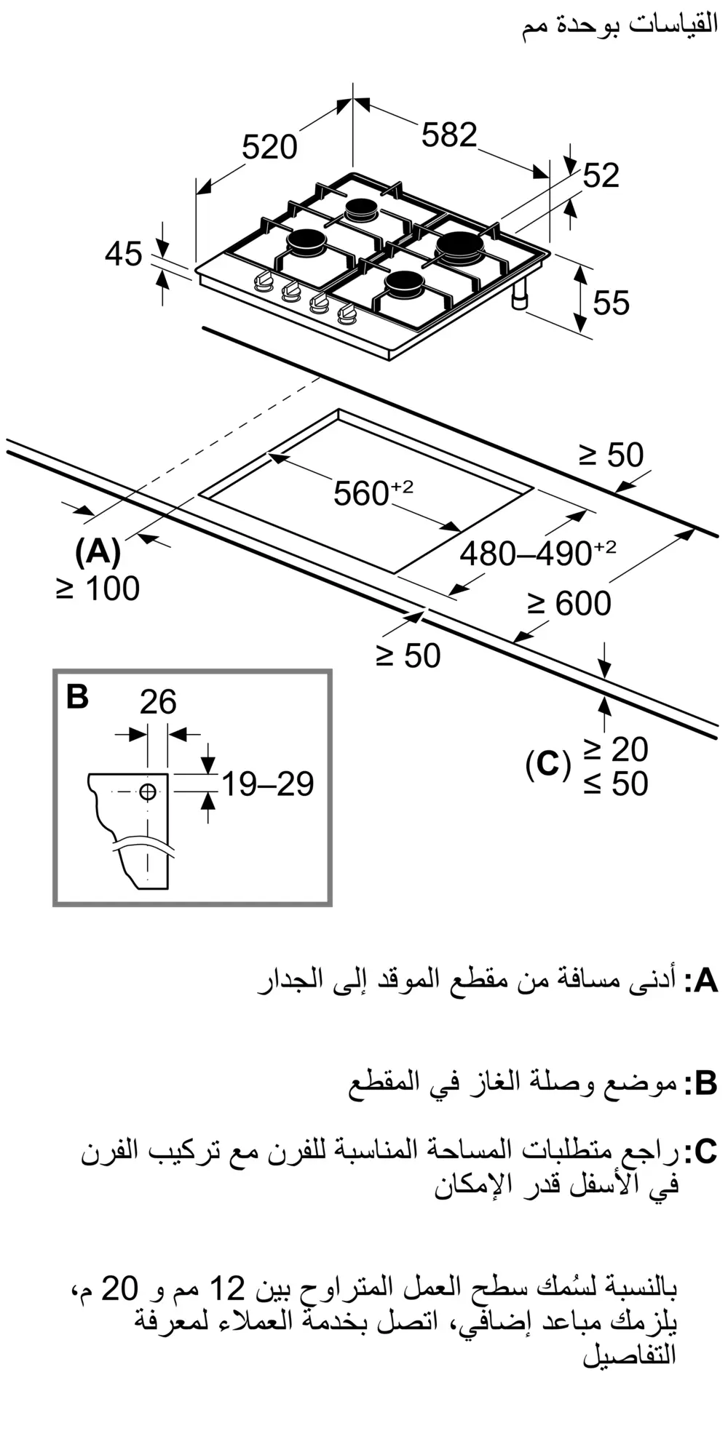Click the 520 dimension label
click(269, 148)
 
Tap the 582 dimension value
click(449, 135)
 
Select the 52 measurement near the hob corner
click(601, 175)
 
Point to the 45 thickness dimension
click(123, 255)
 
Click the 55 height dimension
click(610, 303)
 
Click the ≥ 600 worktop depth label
click(569, 603)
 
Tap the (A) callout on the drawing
click(98, 551)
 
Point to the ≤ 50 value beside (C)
click(615, 784)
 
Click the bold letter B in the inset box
click(77, 696)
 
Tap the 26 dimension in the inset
click(158, 702)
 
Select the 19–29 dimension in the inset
click(267, 784)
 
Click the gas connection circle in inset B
click(148, 792)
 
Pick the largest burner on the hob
click(459, 246)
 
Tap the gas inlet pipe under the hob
click(521, 296)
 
